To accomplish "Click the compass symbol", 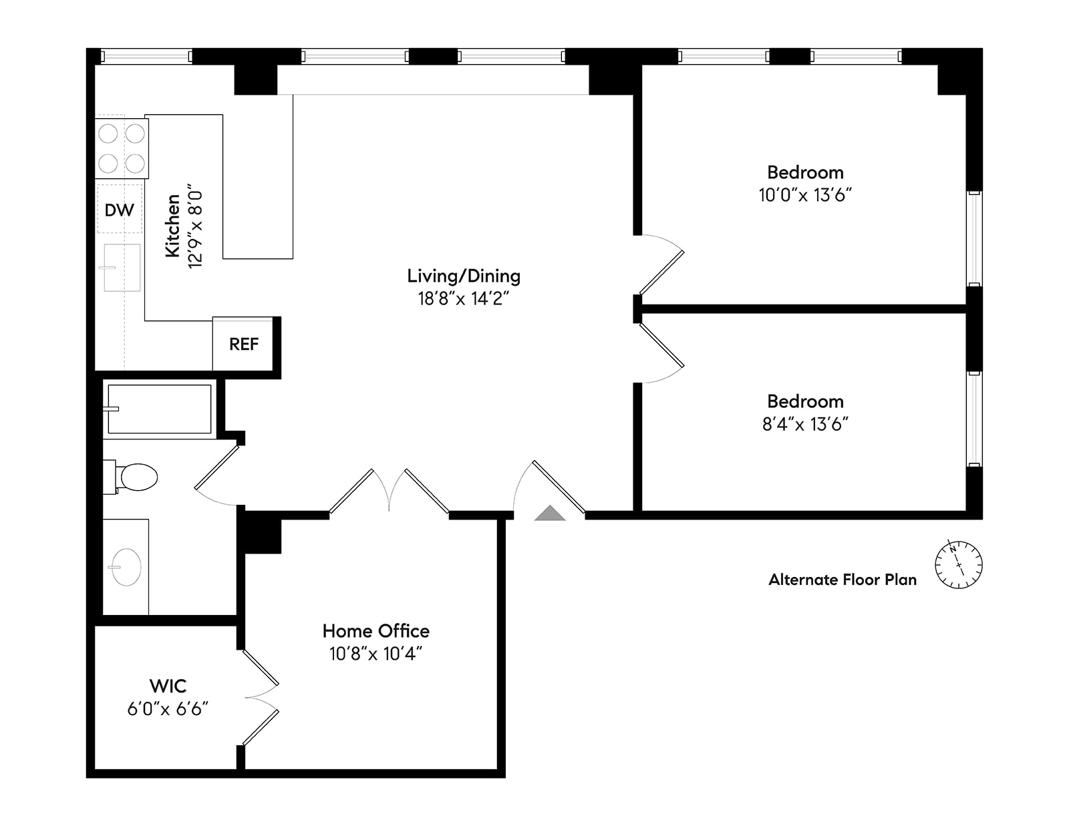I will coord(958,564).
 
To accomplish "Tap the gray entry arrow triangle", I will coord(550,513).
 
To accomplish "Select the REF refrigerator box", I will coord(243,344).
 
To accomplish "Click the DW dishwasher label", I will coord(120,210).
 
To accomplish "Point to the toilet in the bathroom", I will coord(136,477).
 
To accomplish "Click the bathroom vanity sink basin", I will coord(126,567).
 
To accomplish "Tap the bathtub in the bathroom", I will coord(159,409).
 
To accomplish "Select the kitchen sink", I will coord(122,268).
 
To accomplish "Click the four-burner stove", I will coord(122,148).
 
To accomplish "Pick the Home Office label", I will coord(375,631).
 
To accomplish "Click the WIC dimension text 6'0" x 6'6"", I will coord(168,708).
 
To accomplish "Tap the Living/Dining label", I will coord(464,276).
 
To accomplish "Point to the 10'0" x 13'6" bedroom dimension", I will coord(804,195).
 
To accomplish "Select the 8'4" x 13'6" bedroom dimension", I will coord(804,424).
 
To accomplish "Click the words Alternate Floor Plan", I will coord(842,580).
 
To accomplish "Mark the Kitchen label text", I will coord(173,226).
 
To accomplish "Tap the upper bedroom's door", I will coord(661,265).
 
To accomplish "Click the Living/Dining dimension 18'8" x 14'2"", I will coord(464,298).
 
